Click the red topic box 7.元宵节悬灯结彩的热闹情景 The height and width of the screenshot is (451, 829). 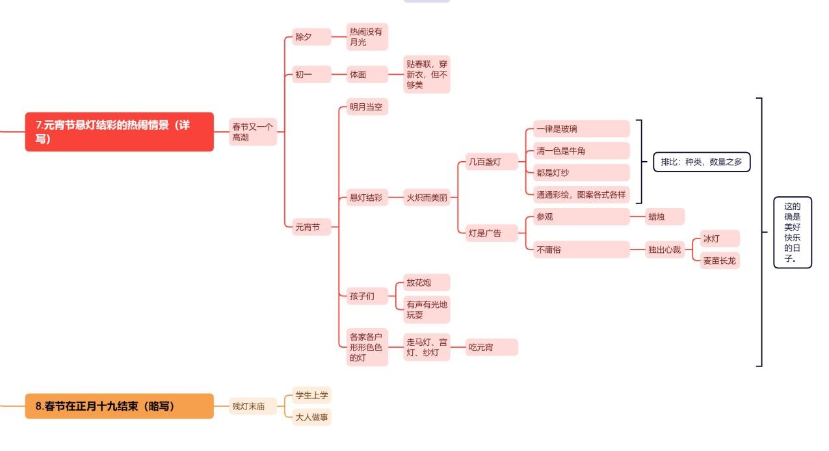[x=119, y=131]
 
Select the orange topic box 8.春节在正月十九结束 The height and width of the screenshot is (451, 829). [x=119, y=406]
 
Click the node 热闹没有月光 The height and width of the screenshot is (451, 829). [x=367, y=36]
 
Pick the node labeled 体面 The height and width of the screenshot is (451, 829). [x=359, y=75]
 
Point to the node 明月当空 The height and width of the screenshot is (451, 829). [x=366, y=107]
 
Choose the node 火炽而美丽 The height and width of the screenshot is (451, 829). [x=427, y=198]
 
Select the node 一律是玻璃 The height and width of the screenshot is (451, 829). [x=581, y=129]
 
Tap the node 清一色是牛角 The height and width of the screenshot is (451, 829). [x=581, y=151]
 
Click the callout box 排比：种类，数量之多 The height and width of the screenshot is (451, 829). [x=702, y=162]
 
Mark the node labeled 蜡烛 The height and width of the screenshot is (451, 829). [x=665, y=216]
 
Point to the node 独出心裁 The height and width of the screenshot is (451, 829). [x=665, y=250]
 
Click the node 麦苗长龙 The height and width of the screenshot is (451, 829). [x=720, y=261]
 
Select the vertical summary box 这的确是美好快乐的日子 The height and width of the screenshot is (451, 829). [x=793, y=232]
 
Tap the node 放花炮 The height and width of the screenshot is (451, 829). [x=426, y=283]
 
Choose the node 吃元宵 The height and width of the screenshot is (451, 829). [x=491, y=348]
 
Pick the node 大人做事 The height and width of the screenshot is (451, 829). [x=311, y=417]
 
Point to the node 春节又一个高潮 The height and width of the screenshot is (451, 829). [x=253, y=132]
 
